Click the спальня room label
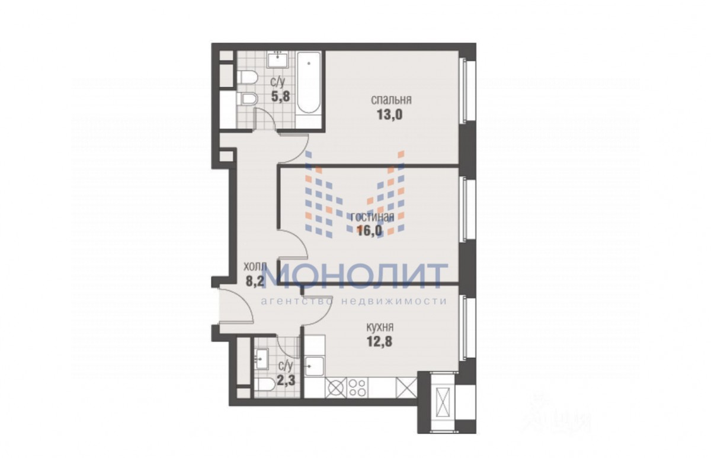(392, 100)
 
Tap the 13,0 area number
(389, 114)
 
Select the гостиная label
(373, 217)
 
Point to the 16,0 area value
(370, 230)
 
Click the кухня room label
(380, 327)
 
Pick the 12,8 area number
(379, 341)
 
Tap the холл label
(255, 267)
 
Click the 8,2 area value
(255, 281)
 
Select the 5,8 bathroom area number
(280, 96)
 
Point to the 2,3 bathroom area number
(286, 380)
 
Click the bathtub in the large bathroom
(309, 82)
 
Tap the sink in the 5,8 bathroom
(278, 60)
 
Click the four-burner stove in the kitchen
(357, 387)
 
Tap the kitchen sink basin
(314, 367)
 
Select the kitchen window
(467, 328)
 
